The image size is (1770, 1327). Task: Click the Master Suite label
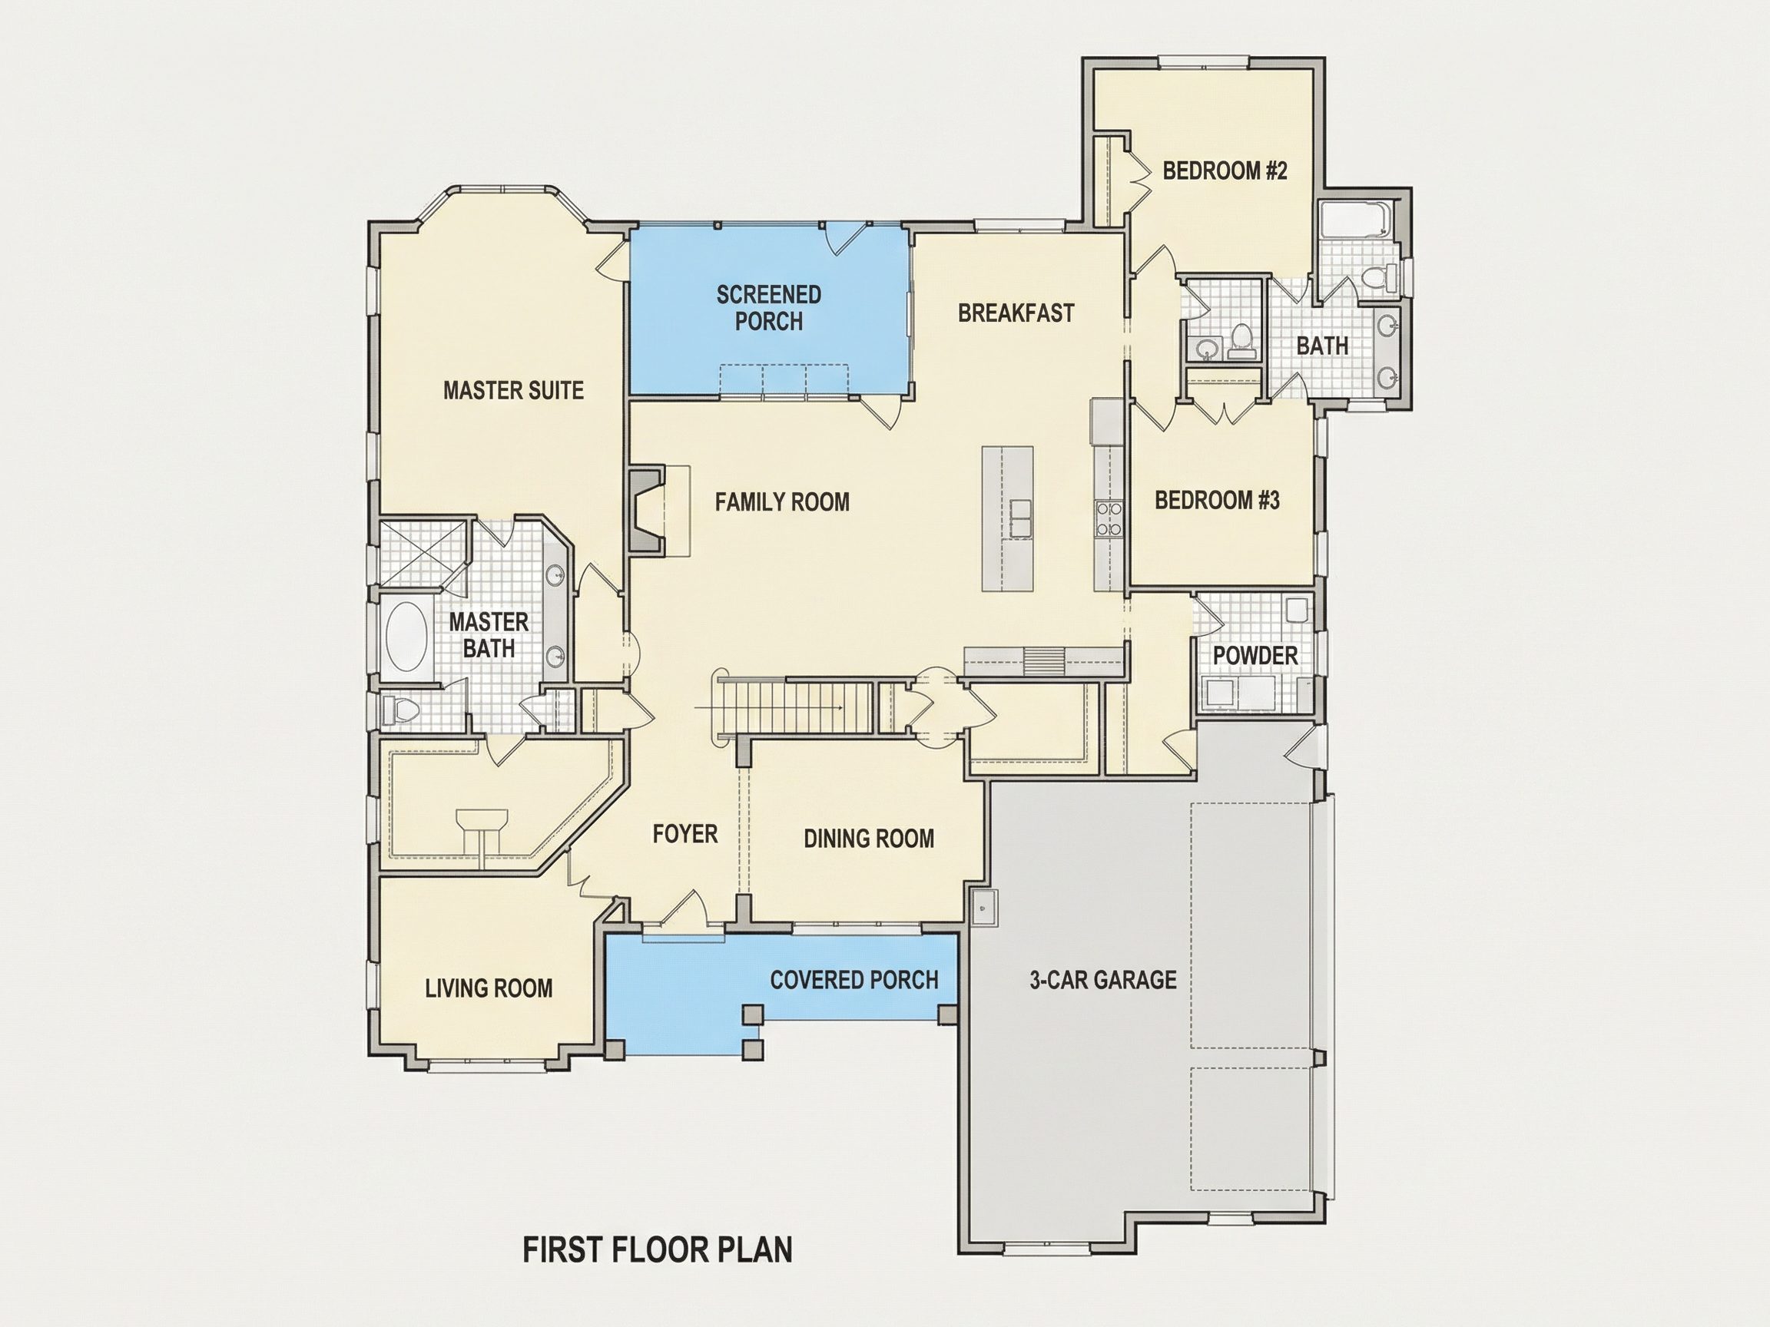tap(514, 390)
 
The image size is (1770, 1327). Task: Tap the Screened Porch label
tap(769, 308)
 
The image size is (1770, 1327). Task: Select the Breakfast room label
tap(1016, 313)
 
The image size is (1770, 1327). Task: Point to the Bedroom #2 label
tap(1225, 170)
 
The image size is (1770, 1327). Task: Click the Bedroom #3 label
tap(1217, 501)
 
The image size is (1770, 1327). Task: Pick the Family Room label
tap(783, 502)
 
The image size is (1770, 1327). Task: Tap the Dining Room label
tap(869, 839)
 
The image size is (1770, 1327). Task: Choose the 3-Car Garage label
tap(1102, 980)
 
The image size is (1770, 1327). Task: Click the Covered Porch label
tap(854, 980)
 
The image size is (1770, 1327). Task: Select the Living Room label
tap(489, 988)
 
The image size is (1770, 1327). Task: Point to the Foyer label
tap(685, 834)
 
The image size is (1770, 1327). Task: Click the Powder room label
tap(1255, 656)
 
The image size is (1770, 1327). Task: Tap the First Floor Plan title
tap(658, 1249)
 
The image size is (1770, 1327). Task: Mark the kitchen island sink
tap(1020, 519)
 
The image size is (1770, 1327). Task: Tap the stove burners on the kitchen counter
tap(1109, 518)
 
